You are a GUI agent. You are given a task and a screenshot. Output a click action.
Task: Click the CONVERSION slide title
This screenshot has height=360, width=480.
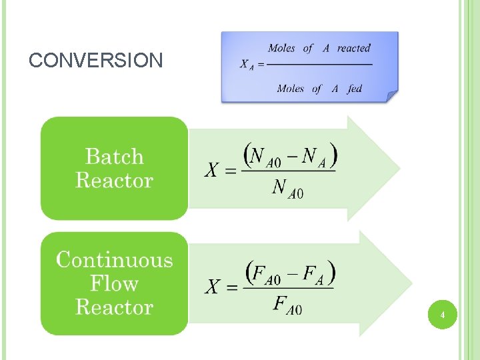(96, 61)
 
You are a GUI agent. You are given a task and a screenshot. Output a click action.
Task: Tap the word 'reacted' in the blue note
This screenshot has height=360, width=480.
(353, 48)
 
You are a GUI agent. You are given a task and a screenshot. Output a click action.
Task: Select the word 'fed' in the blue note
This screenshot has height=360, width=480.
(355, 88)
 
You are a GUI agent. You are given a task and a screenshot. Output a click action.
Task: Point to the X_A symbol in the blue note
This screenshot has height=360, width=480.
(246, 65)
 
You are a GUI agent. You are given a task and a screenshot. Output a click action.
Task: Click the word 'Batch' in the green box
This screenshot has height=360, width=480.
(115, 157)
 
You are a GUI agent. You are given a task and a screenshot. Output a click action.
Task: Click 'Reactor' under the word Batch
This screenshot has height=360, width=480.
(115, 180)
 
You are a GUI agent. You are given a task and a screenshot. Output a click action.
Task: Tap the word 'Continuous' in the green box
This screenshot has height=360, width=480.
(115, 259)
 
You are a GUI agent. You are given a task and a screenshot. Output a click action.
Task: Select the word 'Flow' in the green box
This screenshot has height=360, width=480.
(115, 283)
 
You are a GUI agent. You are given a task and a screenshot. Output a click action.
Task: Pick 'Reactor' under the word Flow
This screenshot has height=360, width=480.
(115, 307)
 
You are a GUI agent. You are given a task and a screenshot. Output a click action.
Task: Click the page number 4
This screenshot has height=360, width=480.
(442, 313)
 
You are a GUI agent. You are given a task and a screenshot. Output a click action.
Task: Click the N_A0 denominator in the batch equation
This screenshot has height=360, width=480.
(287, 189)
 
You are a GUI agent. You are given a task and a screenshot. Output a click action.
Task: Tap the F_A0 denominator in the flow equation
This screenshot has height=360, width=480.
(287, 305)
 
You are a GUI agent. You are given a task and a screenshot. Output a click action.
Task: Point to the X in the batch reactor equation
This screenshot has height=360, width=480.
(211, 171)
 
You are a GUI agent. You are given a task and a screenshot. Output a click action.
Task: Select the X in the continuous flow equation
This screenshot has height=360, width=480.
(211, 287)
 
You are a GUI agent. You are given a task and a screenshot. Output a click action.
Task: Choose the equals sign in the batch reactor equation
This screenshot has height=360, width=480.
(229, 171)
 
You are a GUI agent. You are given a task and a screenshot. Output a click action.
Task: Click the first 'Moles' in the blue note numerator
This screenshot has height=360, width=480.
(282, 48)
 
